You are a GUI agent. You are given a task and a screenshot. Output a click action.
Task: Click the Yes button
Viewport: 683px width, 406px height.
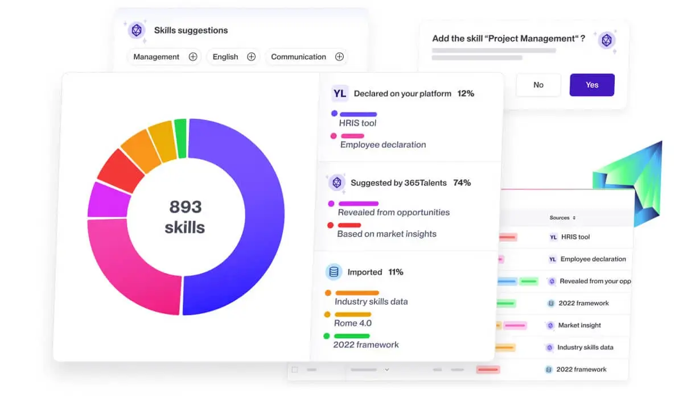coord(592,85)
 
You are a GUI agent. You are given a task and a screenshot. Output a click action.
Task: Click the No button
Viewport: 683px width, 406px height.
coord(538,85)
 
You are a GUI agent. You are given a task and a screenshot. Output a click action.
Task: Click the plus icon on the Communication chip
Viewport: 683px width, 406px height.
coord(339,57)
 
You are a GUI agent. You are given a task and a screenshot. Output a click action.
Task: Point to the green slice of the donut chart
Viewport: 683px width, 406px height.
coord(180,139)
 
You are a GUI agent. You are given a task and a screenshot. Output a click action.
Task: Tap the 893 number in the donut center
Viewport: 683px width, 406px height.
coord(186,206)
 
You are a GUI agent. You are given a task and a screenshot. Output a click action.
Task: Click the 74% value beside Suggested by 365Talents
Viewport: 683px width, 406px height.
coord(462,183)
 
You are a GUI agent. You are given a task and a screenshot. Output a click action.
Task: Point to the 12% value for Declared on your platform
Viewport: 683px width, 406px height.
coord(466,93)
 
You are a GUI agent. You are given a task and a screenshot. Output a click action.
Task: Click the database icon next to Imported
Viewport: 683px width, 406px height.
coord(333,272)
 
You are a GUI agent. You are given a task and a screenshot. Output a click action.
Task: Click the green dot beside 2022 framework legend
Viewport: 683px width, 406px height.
coord(326,336)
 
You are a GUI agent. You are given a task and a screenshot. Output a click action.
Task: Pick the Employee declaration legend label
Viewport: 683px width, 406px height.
coord(383,144)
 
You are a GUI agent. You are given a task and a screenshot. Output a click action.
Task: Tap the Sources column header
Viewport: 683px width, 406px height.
coord(562,218)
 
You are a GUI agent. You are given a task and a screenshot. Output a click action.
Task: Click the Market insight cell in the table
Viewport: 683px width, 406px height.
coord(579,325)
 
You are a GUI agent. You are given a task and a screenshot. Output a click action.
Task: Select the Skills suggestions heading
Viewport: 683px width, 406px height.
coord(191,30)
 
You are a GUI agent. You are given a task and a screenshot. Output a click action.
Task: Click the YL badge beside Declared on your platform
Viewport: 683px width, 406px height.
coord(340,93)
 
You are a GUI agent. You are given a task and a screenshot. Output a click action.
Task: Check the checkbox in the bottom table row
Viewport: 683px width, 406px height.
coord(295,370)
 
